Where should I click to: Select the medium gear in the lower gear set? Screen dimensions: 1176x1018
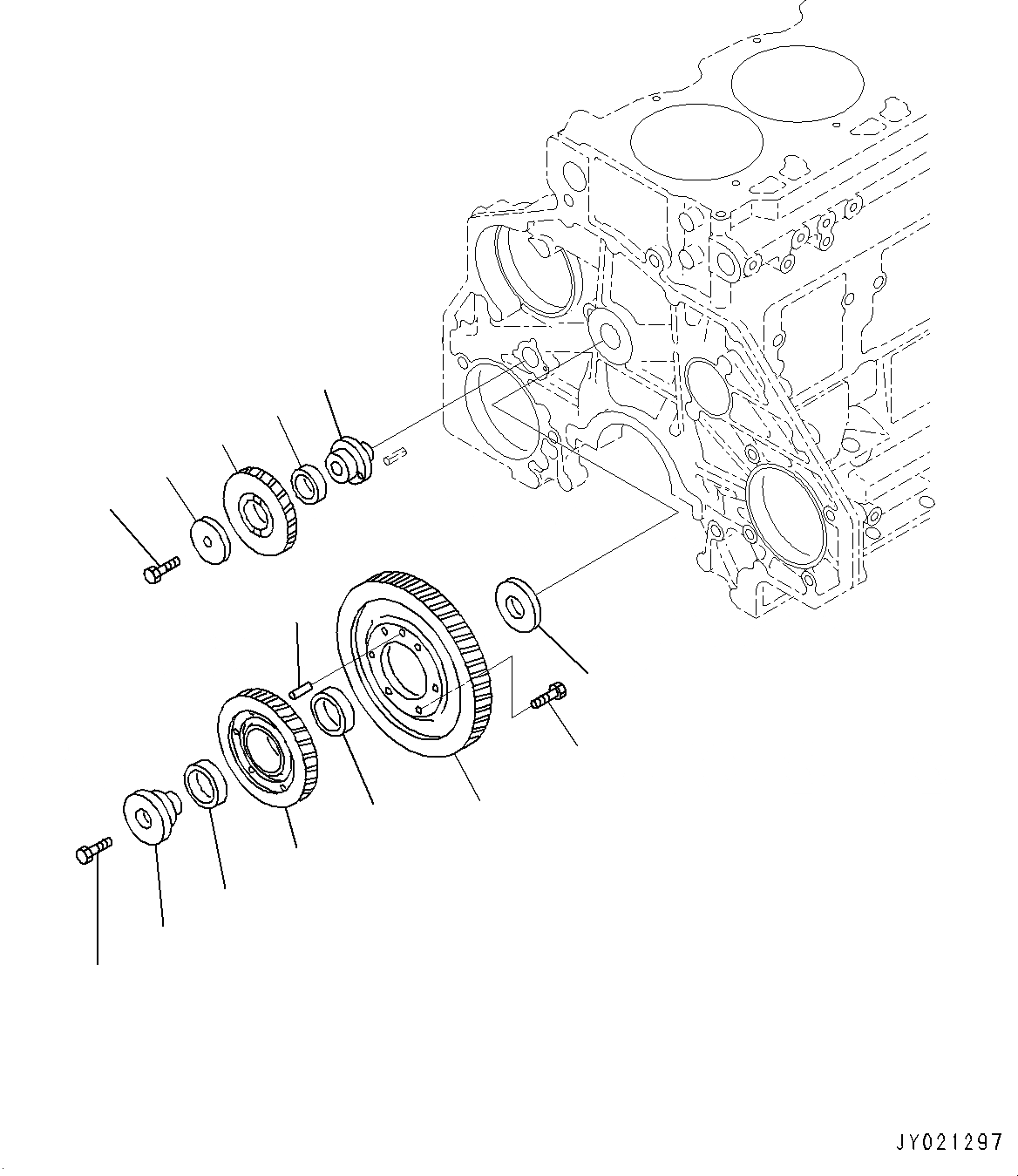point(267,751)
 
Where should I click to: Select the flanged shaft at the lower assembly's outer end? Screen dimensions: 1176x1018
point(150,814)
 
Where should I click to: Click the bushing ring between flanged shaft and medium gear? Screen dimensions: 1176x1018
point(207,784)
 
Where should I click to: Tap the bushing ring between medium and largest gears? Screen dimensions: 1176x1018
point(332,710)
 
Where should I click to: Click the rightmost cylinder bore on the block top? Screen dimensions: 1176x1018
point(797,81)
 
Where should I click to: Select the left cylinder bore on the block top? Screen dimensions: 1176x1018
point(695,141)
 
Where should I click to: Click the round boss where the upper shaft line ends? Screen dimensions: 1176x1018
point(605,328)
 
